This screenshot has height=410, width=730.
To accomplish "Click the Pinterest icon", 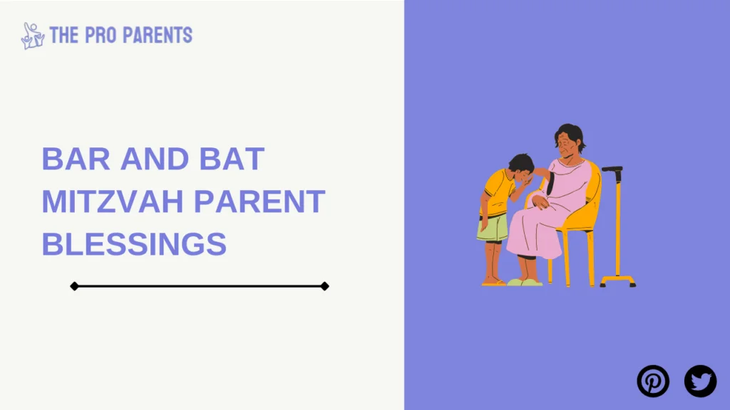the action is (653, 382).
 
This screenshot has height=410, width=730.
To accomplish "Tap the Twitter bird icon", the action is (700, 382).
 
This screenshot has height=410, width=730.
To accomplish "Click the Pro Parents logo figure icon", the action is (33, 36).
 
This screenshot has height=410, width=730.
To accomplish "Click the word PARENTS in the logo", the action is (158, 36).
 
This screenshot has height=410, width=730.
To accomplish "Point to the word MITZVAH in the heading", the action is (113, 201).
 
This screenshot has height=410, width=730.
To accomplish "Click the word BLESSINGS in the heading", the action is (134, 243).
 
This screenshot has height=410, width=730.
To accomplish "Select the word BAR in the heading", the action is (76, 159).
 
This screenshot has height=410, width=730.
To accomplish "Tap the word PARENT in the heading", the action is (259, 201).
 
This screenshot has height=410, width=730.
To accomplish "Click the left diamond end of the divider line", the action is (74, 286).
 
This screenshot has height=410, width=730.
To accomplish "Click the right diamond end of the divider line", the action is (325, 286).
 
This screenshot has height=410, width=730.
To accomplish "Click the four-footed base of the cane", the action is (618, 280).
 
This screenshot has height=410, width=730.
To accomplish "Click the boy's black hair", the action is (521, 163).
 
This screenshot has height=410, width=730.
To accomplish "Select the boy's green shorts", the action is (493, 228).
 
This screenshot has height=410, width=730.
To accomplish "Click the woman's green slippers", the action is (525, 282).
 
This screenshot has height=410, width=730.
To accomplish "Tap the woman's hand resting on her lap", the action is (540, 202).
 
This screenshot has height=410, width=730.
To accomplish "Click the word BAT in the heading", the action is (232, 159).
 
